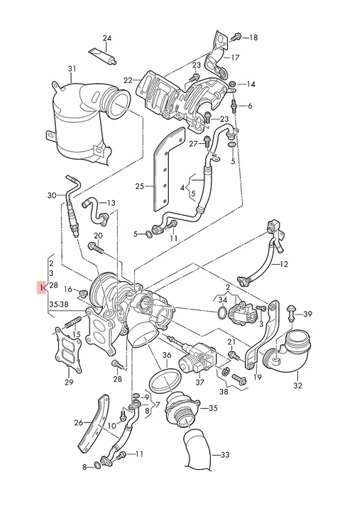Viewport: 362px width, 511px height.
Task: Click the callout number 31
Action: point(71,68)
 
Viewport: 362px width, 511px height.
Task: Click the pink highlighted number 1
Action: point(43,287)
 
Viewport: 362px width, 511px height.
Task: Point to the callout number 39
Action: point(307,314)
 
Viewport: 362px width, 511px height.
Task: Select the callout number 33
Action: point(226,454)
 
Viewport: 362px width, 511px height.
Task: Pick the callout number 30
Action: point(51,195)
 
